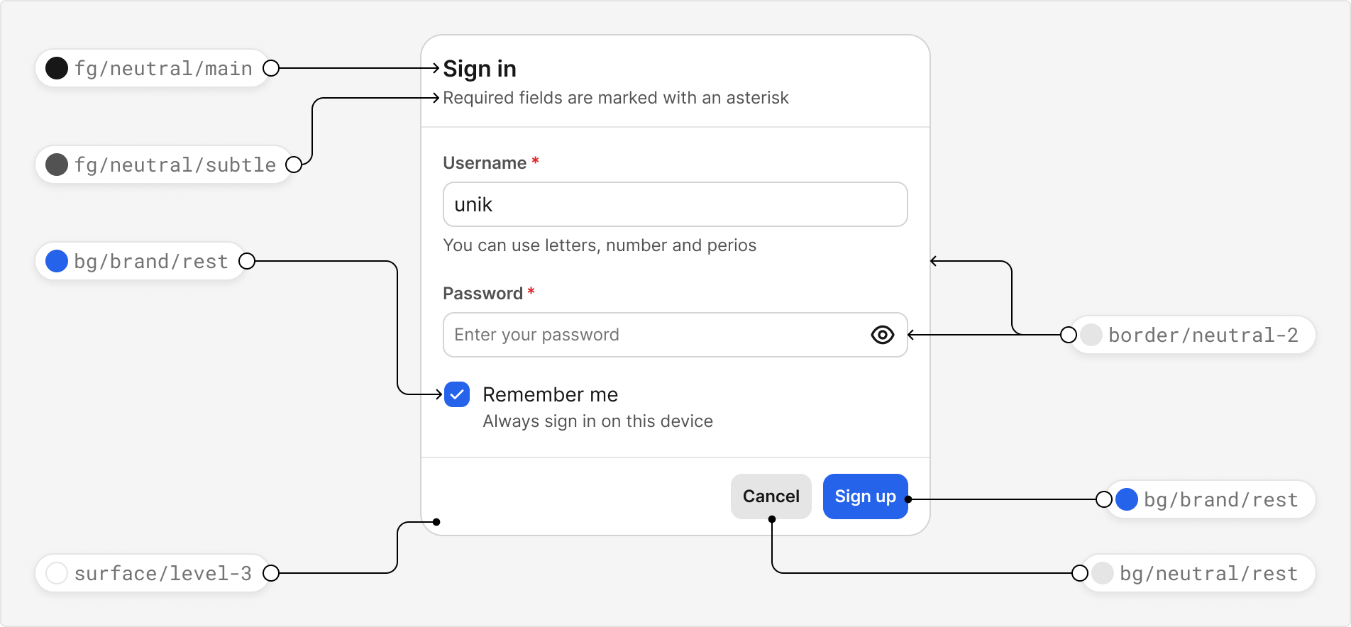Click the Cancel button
point(771,496)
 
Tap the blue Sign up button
point(865,496)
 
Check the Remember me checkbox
point(457,394)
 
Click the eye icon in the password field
point(882,335)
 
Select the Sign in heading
point(480,69)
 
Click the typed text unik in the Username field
point(473,205)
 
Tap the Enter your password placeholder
point(536,335)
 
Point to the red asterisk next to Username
point(535,162)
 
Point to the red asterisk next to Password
point(531,292)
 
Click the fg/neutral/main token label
point(163,69)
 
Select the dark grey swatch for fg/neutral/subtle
point(57,165)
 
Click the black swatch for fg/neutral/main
point(57,68)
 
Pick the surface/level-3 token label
point(163,573)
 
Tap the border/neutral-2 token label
point(1203,335)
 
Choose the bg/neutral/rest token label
point(1208,573)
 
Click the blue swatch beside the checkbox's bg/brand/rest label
point(57,261)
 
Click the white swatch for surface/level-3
point(57,573)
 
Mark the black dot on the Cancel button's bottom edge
point(772,519)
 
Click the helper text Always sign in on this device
point(597,421)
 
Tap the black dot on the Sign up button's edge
point(908,499)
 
